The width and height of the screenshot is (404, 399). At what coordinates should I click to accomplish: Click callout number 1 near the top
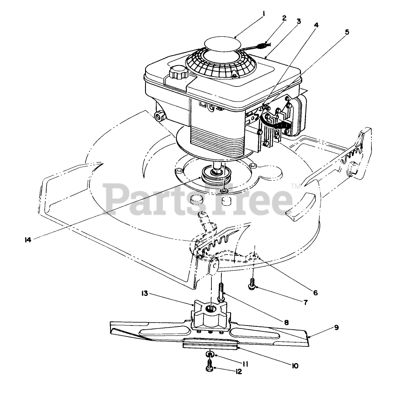263,13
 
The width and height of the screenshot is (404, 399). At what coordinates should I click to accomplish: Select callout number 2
284,18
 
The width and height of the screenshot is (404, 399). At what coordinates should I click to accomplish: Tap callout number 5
347,32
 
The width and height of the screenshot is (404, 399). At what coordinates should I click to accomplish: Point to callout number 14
28,240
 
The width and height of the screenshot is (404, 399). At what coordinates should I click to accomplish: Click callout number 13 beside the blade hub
145,293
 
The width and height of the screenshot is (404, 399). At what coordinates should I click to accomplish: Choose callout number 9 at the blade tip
336,328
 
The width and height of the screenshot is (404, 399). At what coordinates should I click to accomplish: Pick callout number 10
295,366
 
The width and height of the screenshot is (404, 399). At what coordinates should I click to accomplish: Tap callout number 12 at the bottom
238,371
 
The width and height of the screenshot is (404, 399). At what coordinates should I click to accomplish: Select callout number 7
305,302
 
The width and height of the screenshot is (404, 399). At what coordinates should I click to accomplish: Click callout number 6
315,293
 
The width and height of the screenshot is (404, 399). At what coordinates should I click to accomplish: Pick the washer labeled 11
210,354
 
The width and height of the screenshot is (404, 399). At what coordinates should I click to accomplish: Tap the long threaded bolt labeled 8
221,292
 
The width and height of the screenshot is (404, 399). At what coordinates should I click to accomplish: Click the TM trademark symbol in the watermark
295,186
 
